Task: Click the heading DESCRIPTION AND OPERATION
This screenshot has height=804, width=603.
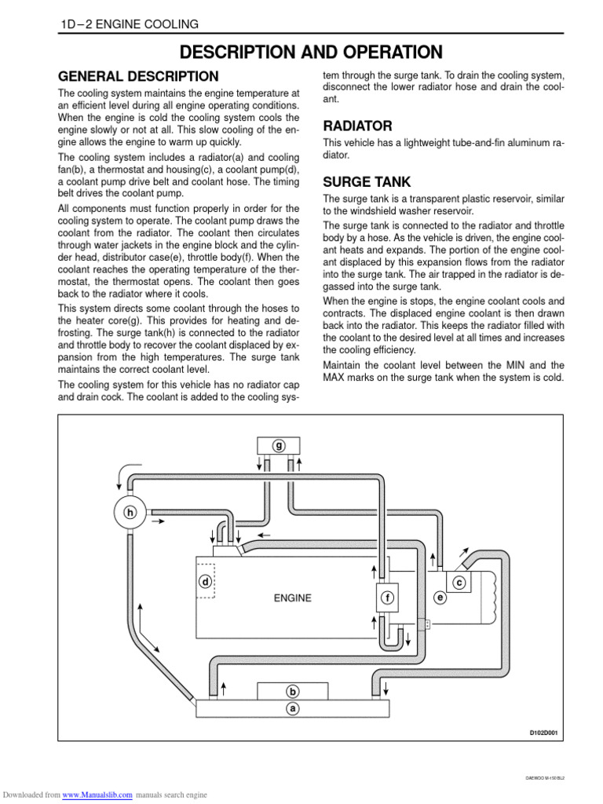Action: tap(311, 53)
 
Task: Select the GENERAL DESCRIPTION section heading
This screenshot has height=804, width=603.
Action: tap(139, 77)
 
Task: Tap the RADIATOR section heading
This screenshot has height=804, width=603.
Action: tap(357, 126)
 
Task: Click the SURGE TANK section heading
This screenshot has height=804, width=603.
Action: tap(366, 182)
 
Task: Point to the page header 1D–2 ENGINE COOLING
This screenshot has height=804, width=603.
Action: tap(130, 24)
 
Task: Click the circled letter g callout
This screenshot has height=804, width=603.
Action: tap(279, 446)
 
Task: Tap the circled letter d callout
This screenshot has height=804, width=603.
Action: tap(205, 582)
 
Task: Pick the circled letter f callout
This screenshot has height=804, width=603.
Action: tap(387, 598)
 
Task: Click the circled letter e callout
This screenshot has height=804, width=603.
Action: tap(440, 598)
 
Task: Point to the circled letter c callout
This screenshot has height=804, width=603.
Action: tap(459, 582)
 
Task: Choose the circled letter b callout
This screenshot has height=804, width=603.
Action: tap(293, 692)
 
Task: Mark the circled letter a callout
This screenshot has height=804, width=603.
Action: tap(293, 707)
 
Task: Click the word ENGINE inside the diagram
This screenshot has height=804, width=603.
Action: tap(292, 598)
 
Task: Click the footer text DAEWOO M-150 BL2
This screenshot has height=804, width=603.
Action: tap(544, 778)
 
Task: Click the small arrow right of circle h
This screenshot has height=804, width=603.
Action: tap(157, 520)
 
